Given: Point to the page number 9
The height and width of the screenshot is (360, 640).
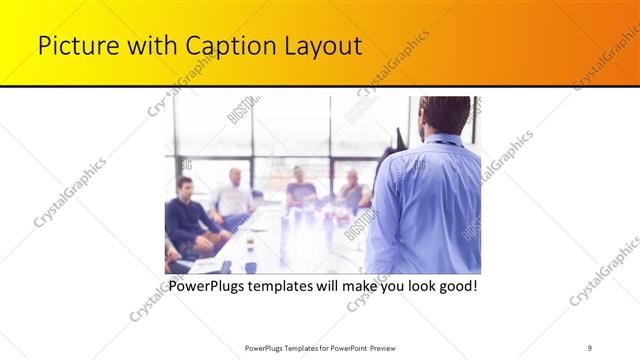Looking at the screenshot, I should pos(590,347).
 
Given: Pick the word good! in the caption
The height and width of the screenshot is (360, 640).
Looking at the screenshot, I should pos(454,285).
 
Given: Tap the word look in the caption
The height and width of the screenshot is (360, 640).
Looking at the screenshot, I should pos(412,285).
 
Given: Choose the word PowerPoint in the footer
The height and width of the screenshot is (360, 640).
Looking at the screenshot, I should pos(343,347).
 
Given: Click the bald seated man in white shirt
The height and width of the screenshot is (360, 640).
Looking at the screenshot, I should pos(234,195).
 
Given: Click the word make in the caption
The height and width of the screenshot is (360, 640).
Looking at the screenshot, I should pos(357,285).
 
